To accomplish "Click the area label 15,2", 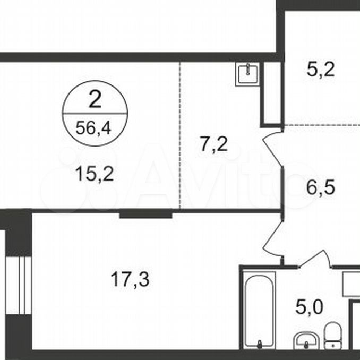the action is (95, 174).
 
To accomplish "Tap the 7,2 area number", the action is (214, 144).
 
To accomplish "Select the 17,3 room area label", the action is (130, 279).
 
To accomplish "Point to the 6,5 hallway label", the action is (321, 187).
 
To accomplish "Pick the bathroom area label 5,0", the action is (309, 307).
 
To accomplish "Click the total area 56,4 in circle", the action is (93, 128).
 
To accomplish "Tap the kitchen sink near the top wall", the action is (247, 74).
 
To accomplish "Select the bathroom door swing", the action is (315, 260).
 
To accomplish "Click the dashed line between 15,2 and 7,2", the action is (180, 135).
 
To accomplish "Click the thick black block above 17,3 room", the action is (146, 215).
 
